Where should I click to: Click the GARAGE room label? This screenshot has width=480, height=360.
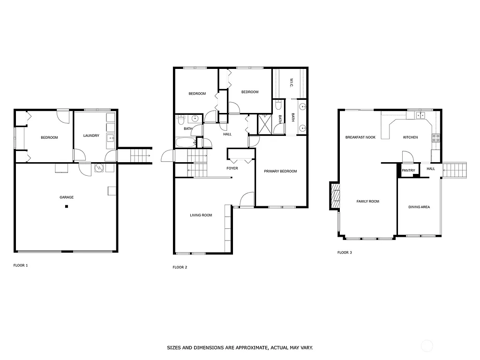click(x=66, y=197)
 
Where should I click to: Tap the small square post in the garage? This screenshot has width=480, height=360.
click(x=67, y=206)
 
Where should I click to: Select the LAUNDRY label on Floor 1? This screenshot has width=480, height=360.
click(x=91, y=136)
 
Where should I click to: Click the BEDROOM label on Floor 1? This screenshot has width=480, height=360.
click(x=49, y=137)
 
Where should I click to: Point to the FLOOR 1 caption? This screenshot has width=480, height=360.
click(x=20, y=265)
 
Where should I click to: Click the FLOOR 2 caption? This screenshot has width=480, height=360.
click(x=180, y=267)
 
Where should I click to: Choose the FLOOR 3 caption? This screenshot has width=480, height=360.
click(x=345, y=252)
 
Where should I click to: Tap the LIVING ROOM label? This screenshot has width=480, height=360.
click(x=201, y=215)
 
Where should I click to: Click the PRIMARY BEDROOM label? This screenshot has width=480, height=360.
click(x=280, y=171)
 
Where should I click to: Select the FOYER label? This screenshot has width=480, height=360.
click(x=232, y=168)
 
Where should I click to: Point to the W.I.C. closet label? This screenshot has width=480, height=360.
click(x=291, y=82)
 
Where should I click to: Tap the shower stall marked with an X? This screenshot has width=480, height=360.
click(x=264, y=124)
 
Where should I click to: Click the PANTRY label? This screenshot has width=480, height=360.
click(x=408, y=170)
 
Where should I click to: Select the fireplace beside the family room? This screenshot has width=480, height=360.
click(x=335, y=195)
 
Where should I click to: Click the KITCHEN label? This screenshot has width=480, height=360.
click(x=410, y=137)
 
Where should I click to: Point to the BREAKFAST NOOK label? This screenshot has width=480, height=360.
click(x=360, y=137)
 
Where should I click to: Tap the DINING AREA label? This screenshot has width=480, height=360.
click(x=419, y=207)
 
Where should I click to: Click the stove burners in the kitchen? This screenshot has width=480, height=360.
click(x=435, y=138)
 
